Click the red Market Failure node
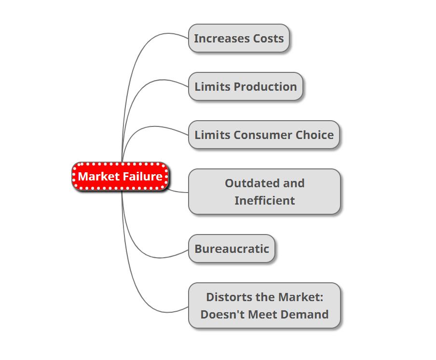coord(121,177)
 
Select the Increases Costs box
coord(239,38)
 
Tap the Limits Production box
coord(245,86)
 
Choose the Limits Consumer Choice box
coord(264,135)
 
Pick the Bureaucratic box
coord(232,249)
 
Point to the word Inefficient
coord(264,201)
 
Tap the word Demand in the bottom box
coord(303,315)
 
